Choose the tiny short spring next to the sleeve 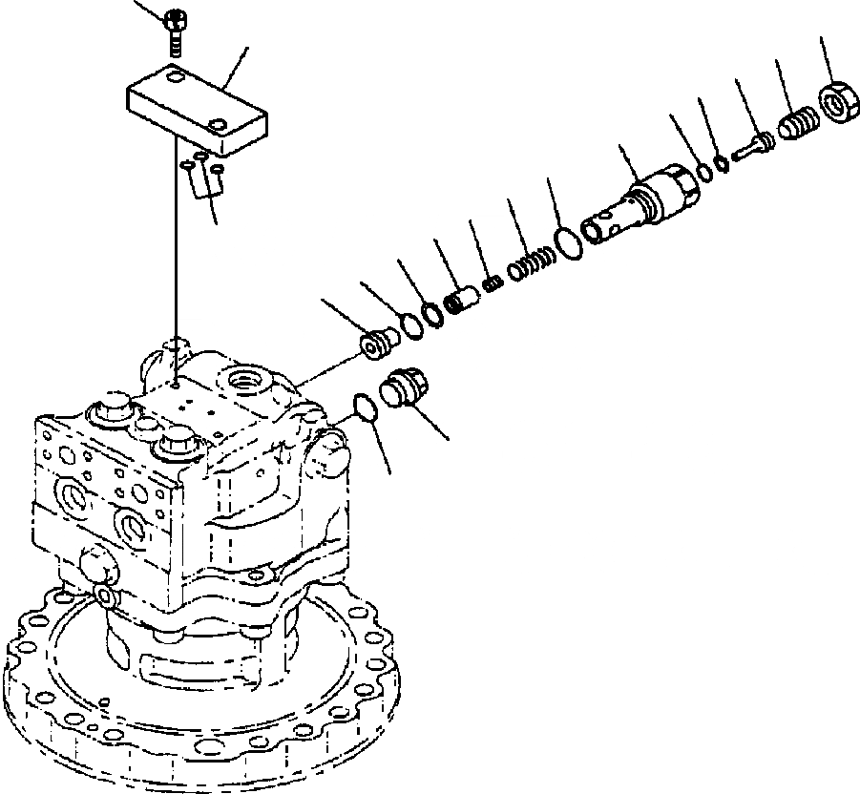pyautogui.click(x=493, y=283)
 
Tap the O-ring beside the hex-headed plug pyautogui.click(x=364, y=407)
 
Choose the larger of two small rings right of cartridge pyautogui.click(x=704, y=173)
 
